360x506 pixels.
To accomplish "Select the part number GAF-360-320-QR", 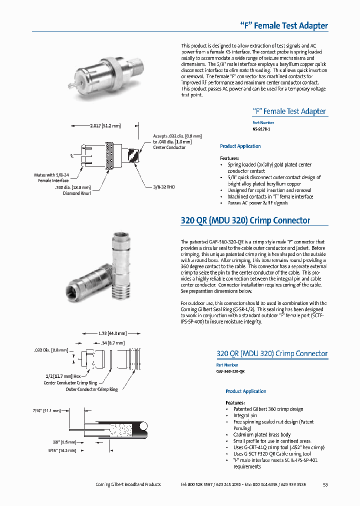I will click(x=230, y=371).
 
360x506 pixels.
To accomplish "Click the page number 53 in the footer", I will click(x=325, y=484).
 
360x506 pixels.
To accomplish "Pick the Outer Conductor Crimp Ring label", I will click(x=91, y=389).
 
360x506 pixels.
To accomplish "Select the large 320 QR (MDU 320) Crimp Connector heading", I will click(x=245, y=220).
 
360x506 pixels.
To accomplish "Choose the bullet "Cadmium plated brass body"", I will click(x=261, y=434).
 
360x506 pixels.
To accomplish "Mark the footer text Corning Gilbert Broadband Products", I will click(x=128, y=484).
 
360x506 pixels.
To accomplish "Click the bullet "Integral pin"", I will click(x=245, y=415).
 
